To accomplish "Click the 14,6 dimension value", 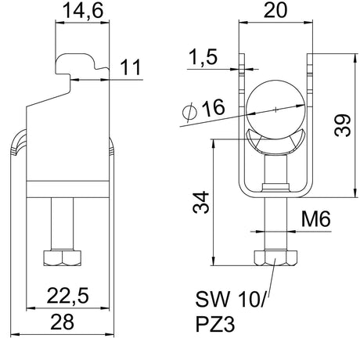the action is (x=83, y=11).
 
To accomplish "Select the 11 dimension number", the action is (x=131, y=67).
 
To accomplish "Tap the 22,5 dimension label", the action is (x=68, y=296).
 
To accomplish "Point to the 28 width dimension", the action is (x=63, y=322).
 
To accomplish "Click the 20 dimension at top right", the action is (x=275, y=11).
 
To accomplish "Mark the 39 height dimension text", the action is (x=342, y=125).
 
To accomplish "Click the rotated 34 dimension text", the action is (x=201, y=202).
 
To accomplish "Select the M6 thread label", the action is (x=316, y=219).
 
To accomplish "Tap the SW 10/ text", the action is (x=230, y=299).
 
